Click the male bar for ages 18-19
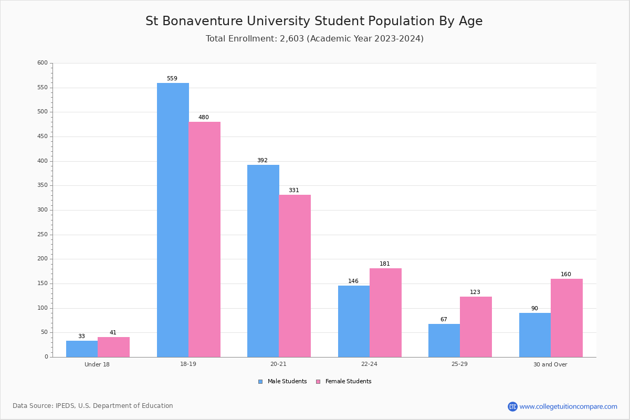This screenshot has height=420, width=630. pyautogui.click(x=173, y=220)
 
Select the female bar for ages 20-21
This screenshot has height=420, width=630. pyautogui.click(x=295, y=276)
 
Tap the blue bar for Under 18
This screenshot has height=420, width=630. pyautogui.click(x=82, y=349)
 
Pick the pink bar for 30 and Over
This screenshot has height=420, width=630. pyautogui.click(x=566, y=318)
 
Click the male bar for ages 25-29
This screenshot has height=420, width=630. pyautogui.click(x=444, y=340)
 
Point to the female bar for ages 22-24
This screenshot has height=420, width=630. pyautogui.click(x=385, y=312)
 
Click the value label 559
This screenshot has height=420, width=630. pyautogui.click(x=172, y=79)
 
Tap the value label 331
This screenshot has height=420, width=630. pyautogui.click(x=294, y=191)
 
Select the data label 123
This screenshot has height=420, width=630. pyautogui.click(x=475, y=292)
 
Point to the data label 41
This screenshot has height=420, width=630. pyautogui.click(x=113, y=333)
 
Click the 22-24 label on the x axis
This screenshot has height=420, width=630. pyautogui.click(x=369, y=364)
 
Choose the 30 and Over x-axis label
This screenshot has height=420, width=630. pyautogui.click(x=550, y=364)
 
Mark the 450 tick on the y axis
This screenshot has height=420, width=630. pyautogui.click(x=43, y=136)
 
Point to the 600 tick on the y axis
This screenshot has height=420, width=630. pyautogui.click(x=43, y=63)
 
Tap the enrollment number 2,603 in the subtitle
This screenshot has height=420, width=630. pyautogui.click(x=292, y=39)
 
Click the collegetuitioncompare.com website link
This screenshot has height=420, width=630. pyautogui.click(x=568, y=406)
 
